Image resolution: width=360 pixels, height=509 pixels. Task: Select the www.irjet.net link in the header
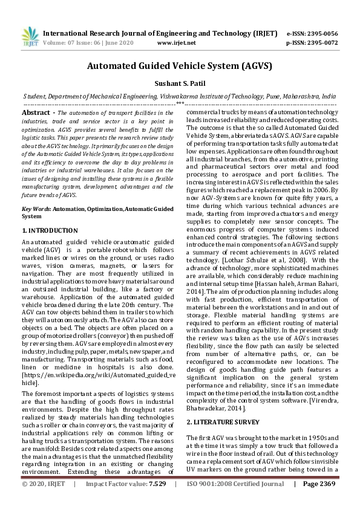pos(176,44)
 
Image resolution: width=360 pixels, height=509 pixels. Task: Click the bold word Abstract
pos(36,113)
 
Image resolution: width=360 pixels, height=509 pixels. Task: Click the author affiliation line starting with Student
pos(180,96)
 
